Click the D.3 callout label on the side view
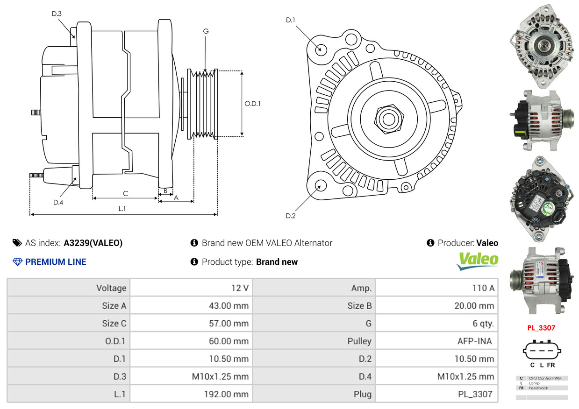57,14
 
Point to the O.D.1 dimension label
252,104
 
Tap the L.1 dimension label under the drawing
122,209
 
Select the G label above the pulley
206,31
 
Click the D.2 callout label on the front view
291,216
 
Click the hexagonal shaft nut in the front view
389,119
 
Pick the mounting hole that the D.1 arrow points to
321,49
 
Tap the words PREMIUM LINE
56,262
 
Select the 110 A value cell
436,288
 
